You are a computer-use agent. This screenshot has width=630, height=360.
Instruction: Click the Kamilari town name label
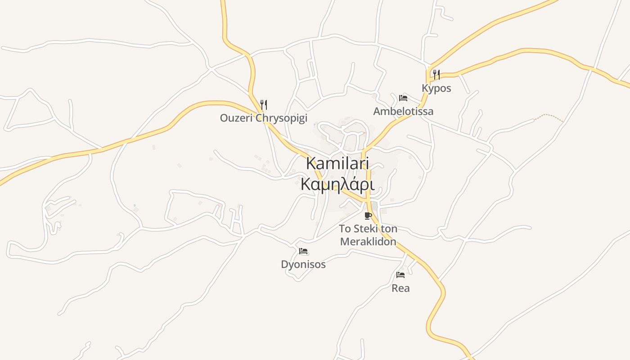[x=337, y=163]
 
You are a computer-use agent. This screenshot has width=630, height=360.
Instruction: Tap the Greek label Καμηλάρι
[x=337, y=184]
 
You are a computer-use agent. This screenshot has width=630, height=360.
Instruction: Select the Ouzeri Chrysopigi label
[x=263, y=118]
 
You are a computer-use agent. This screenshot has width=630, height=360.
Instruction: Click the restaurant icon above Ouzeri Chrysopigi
[x=264, y=105]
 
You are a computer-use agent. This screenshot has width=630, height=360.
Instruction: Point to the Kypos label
[x=436, y=88]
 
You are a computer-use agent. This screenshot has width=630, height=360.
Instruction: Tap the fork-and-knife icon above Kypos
[x=436, y=74]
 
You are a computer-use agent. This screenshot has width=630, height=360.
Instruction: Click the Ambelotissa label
[x=403, y=111]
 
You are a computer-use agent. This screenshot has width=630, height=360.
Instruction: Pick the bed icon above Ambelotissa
[x=403, y=98]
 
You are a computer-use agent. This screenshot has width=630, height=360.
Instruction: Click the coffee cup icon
[x=368, y=215]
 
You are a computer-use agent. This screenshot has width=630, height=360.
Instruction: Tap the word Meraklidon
[x=368, y=242]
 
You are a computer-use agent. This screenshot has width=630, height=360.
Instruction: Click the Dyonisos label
[x=303, y=265]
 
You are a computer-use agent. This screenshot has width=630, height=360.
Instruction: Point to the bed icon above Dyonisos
[x=303, y=251]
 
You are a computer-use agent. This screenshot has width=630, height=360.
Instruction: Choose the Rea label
[x=400, y=288]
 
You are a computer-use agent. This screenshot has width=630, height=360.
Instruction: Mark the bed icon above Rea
[x=400, y=275]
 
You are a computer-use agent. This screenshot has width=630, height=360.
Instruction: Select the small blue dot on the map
[x=134, y=206]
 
